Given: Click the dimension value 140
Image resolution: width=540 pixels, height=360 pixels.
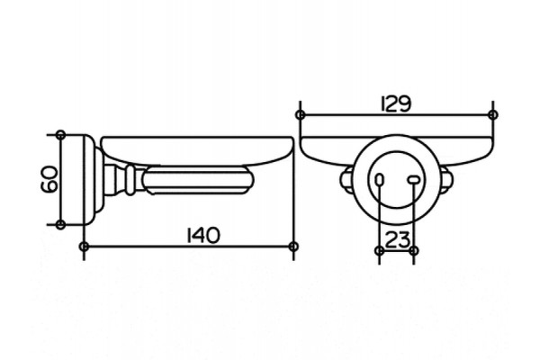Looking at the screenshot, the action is tap(202, 236).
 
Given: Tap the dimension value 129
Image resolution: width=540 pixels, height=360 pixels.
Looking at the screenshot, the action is tap(396, 103).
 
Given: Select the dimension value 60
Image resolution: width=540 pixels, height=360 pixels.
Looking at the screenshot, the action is tap(49, 179).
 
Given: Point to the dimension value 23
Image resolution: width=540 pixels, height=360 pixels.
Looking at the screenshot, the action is tap(397, 239).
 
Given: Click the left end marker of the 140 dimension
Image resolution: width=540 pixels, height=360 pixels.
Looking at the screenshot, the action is tap(84, 247).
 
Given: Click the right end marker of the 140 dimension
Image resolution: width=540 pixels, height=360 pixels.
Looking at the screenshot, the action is tap(293, 247).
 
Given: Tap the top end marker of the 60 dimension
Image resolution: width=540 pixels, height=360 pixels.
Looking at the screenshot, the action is tap(60, 135).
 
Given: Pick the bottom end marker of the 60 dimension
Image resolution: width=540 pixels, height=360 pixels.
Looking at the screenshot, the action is tap(60, 225).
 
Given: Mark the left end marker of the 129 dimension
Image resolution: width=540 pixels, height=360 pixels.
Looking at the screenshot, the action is tap(301, 114).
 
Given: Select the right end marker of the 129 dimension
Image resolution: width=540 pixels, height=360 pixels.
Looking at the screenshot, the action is tap(493, 114).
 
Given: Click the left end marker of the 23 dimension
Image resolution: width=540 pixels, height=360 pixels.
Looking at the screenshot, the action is tap(379, 250).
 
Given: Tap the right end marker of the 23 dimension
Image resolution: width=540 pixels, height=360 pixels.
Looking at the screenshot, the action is tap(414, 250).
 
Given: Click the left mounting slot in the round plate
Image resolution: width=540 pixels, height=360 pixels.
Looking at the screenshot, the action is tap(379, 179).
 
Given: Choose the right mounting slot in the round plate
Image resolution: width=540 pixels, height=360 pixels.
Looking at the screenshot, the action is tap(413, 179).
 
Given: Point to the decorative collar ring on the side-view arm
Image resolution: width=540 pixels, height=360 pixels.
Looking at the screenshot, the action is tap(130, 180).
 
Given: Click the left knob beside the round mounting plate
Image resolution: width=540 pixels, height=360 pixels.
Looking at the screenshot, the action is tap(346, 179).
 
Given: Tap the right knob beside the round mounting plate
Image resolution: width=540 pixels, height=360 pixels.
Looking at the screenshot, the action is tap(446, 179).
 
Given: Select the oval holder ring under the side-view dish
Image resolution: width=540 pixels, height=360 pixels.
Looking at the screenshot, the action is tap(198, 180).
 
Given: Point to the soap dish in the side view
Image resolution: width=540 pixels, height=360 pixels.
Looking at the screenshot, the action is tap(198, 150).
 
